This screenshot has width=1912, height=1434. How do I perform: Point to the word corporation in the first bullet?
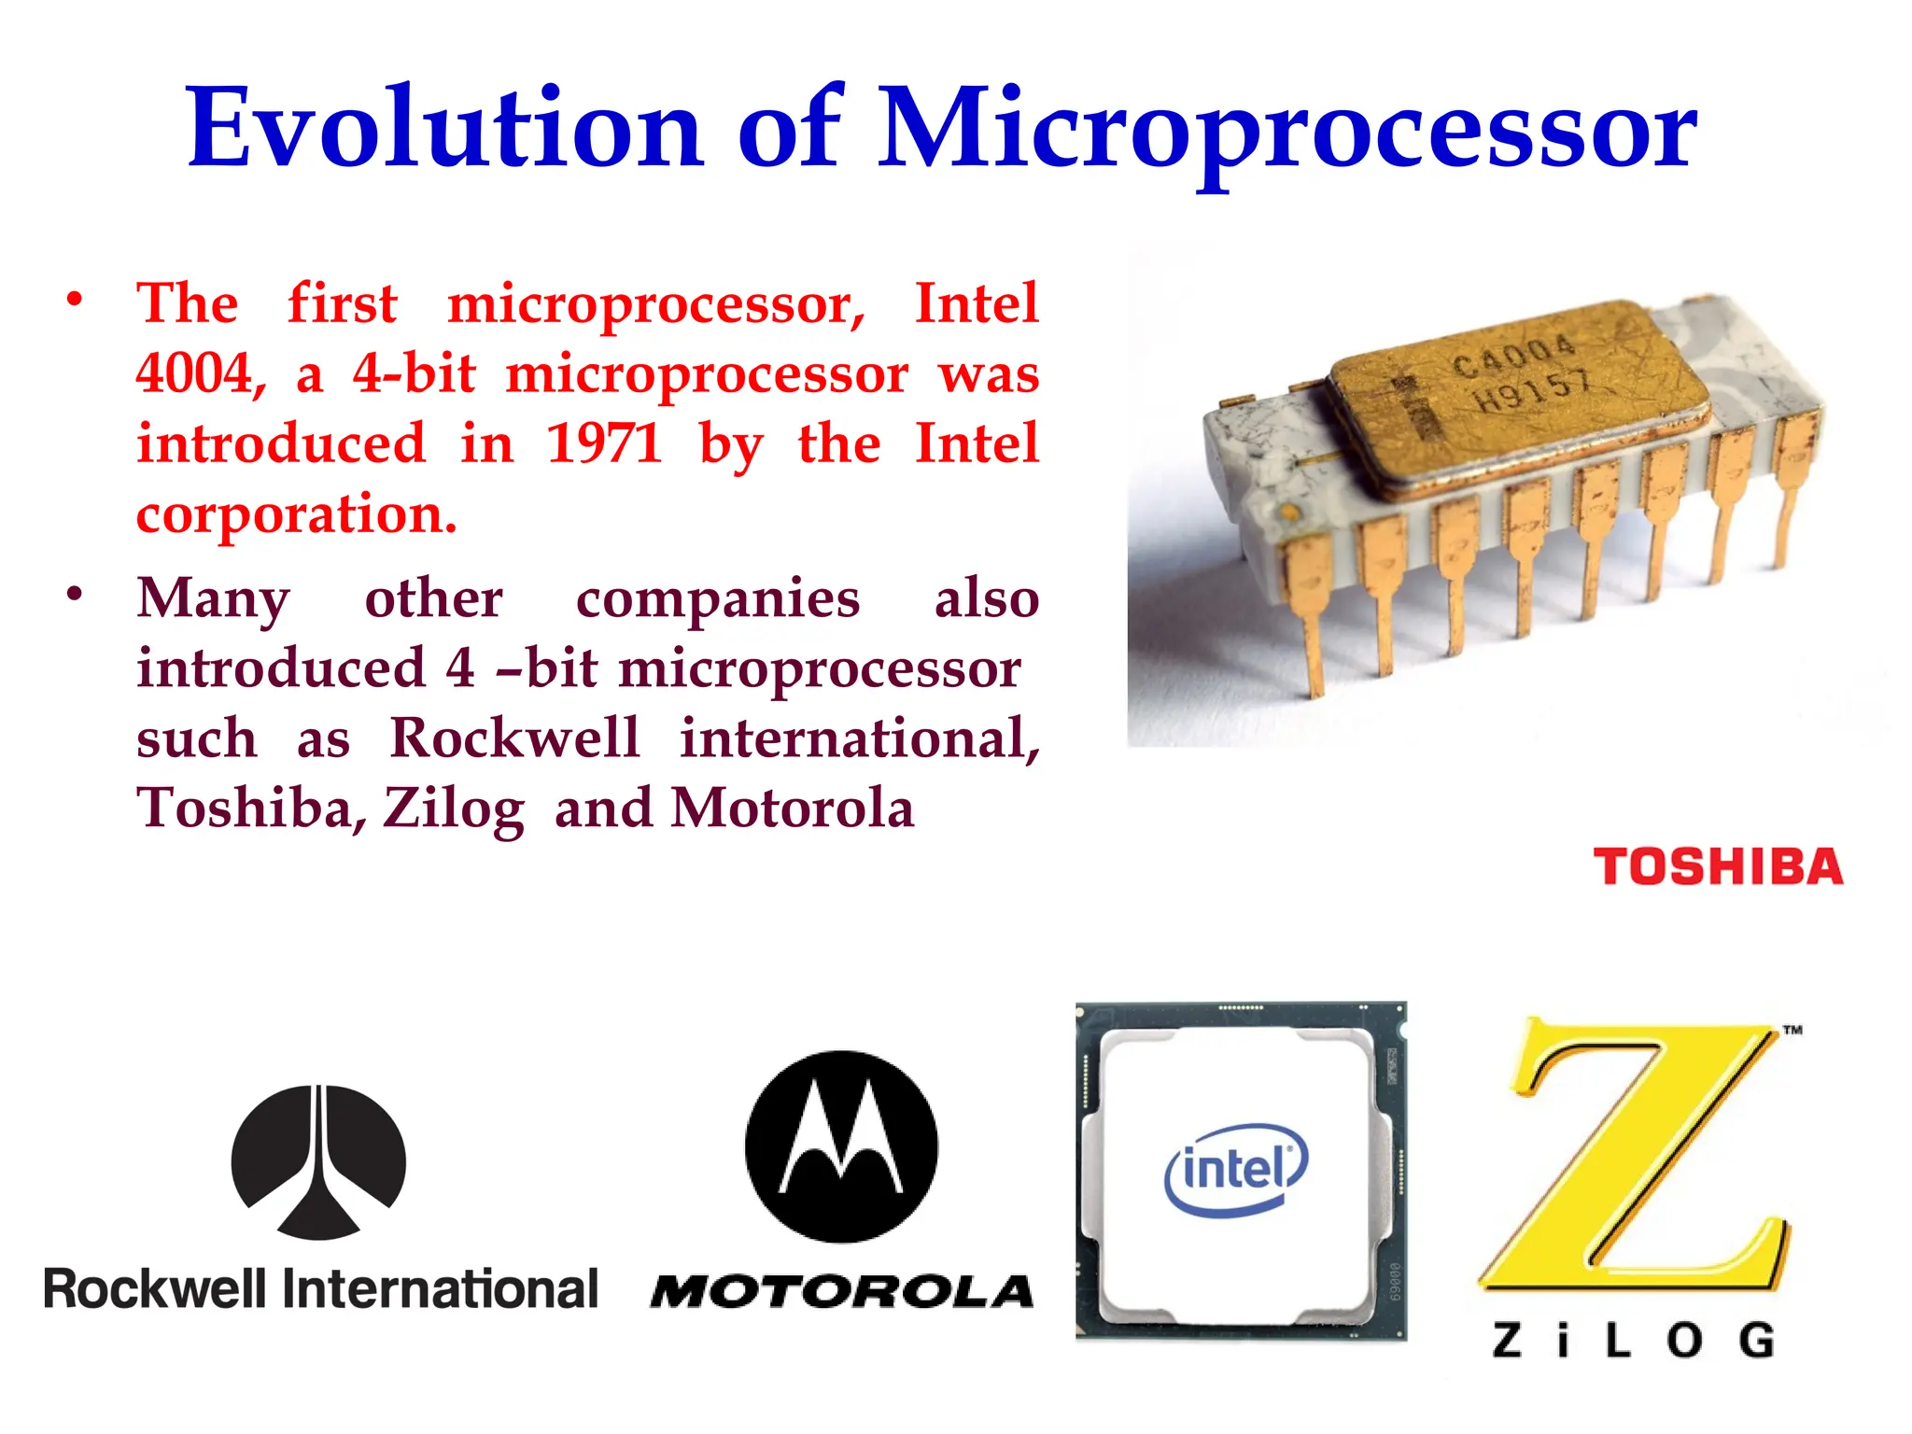coord(296,513)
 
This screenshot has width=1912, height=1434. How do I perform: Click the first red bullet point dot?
coord(75,300)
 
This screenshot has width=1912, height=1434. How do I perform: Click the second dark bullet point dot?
coord(75,594)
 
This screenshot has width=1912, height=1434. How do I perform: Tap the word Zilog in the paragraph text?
coord(454,808)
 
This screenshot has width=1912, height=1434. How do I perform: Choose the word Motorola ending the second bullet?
coord(793,808)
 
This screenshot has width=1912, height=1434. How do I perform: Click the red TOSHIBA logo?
coord(1718,866)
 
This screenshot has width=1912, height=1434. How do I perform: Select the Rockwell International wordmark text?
coord(320,1289)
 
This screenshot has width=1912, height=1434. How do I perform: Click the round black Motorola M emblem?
coord(841,1146)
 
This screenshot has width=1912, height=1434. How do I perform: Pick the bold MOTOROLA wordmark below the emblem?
coord(842,1292)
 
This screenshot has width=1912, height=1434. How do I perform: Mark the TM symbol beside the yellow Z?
coord(1792,1031)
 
